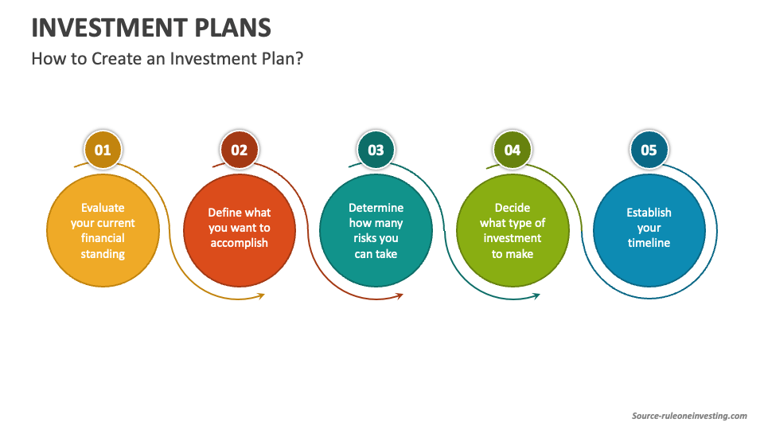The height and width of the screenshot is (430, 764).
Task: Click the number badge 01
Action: click(x=103, y=150)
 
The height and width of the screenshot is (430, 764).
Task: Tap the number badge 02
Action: click(x=239, y=150)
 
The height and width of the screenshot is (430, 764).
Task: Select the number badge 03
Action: click(x=376, y=150)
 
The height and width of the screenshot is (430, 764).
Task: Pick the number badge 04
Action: click(x=512, y=150)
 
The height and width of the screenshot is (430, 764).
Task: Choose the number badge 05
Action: click(x=649, y=150)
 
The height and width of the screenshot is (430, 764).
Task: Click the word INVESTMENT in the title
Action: click(x=103, y=28)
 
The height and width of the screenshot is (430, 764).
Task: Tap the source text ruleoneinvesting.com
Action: click(x=690, y=416)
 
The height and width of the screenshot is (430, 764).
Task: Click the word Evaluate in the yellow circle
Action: click(x=103, y=208)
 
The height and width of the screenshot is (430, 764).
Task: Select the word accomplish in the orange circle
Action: click(x=239, y=243)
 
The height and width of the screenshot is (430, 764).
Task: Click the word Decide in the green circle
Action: click(x=512, y=208)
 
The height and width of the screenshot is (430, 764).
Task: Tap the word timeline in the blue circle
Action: click(x=649, y=243)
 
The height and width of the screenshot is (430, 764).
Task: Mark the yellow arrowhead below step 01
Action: click(x=261, y=296)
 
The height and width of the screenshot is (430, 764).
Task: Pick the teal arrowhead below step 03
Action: click(x=536, y=295)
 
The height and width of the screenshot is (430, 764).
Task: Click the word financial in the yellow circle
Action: click(x=103, y=238)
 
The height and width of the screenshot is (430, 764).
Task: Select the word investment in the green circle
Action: click(x=512, y=238)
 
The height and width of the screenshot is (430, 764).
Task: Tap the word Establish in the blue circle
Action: click(x=649, y=213)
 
